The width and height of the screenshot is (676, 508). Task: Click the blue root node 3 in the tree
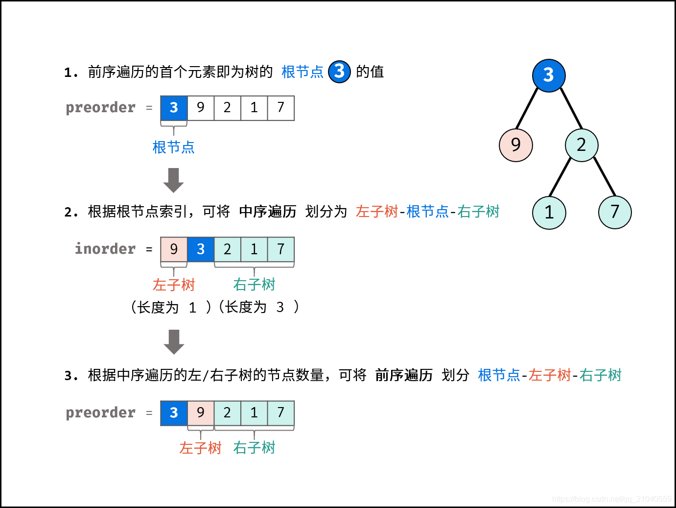point(549,75)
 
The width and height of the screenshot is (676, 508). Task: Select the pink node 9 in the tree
point(515,145)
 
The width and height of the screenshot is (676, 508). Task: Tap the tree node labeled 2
point(582,145)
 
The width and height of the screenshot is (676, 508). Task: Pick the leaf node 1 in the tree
point(549,212)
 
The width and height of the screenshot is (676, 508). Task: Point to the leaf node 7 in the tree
point(615,212)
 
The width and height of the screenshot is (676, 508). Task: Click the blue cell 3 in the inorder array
point(201,249)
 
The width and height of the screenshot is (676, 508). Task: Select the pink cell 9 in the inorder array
point(174,249)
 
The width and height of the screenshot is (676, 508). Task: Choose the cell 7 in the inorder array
point(280,249)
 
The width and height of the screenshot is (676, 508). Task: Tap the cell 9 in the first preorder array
point(201,108)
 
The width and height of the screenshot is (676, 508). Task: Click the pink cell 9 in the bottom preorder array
point(201,413)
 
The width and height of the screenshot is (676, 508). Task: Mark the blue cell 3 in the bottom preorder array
point(174,413)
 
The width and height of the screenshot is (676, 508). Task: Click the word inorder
point(105,249)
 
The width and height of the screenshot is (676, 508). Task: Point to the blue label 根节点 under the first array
point(173,147)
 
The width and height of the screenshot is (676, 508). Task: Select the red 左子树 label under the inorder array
point(174,285)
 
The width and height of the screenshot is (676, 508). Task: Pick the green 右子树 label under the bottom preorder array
point(254,448)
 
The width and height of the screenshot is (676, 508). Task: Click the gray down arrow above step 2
point(173,180)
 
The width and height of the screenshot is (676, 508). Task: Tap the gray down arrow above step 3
point(173,341)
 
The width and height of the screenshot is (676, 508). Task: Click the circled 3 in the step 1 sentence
point(339,72)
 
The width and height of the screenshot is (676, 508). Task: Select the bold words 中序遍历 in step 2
point(268,212)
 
